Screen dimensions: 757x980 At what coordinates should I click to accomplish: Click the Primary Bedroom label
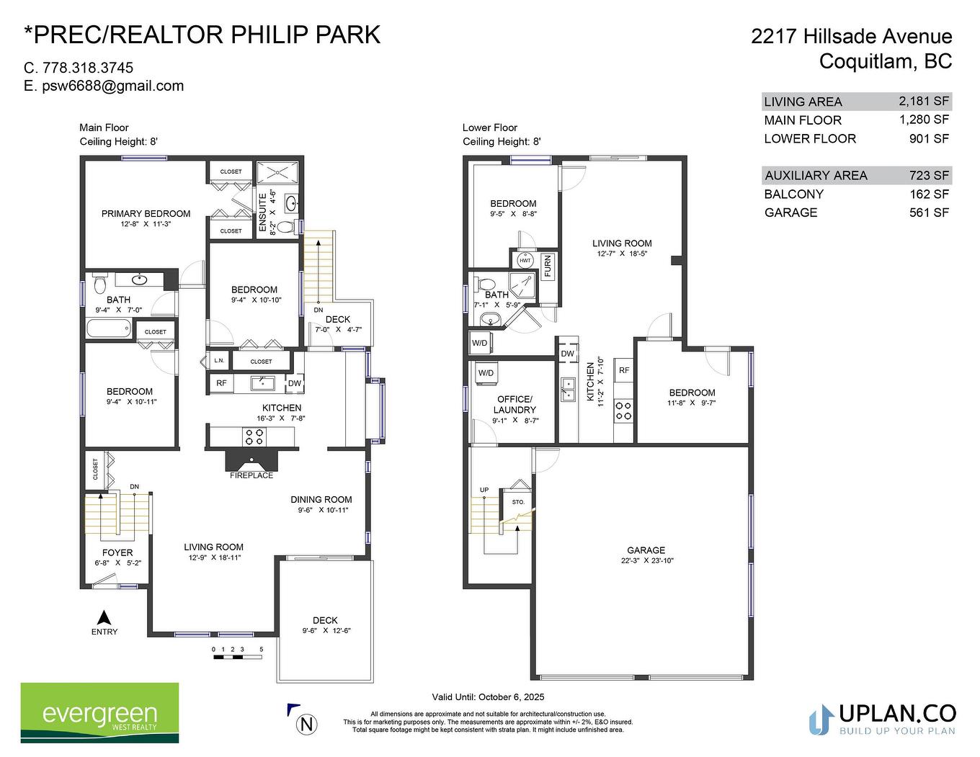(x=146, y=214)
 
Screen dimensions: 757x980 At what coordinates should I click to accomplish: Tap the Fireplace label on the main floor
(x=251, y=475)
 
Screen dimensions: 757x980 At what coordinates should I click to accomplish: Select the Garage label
(x=646, y=550)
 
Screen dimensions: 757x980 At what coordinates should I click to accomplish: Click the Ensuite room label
(x=263, y=212)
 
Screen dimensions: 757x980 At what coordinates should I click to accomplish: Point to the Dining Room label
(x=321, y=499)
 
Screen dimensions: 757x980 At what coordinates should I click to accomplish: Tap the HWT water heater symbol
(x=525, y=260)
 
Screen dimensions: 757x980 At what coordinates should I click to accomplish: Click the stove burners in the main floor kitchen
(x=254, y=436)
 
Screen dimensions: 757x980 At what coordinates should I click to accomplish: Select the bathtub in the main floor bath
(x=110, y=329)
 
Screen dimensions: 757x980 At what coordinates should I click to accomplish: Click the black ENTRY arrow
(x=104, y=617)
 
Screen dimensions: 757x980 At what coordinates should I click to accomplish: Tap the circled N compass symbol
(x=308, y=724)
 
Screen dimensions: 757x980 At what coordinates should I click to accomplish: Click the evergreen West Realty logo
(x=99, y=713)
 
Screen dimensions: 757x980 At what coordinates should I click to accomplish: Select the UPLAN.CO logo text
(x=897, y=713)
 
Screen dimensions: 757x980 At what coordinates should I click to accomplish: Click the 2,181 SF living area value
(x=924, y=101)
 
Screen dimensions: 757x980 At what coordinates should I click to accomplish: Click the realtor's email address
(x=112, y=86)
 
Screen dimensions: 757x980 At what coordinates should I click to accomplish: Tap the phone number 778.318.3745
(x=88, y=68)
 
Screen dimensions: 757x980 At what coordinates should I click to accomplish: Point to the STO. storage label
(x=518, y=502)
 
